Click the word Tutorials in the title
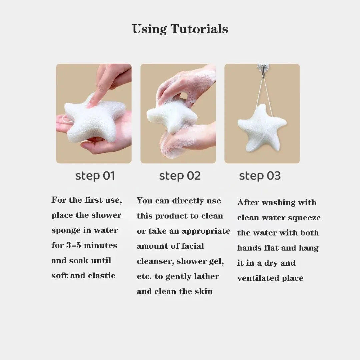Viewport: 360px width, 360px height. pos(199,29)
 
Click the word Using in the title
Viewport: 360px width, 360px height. pos(149,29)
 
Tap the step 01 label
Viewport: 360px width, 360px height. pos(95,176)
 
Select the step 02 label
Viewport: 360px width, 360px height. pos(180,176)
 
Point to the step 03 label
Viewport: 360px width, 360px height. pos(260,176)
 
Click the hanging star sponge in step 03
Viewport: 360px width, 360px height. pos(262,128)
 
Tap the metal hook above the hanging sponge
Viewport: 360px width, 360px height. pos(263,69)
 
